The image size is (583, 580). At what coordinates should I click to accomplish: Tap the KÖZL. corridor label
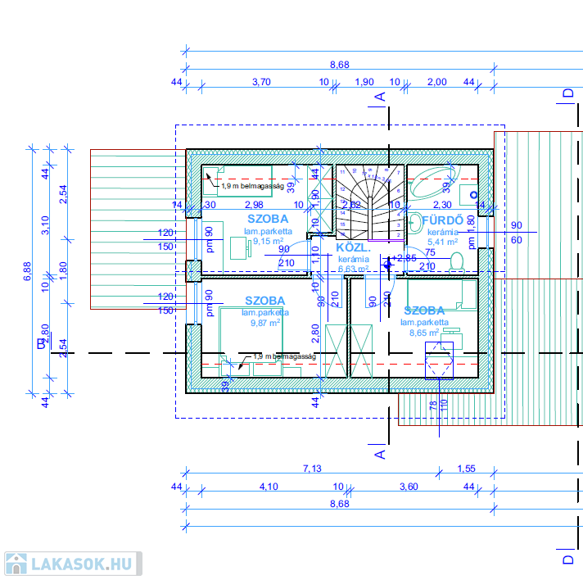pyautogui.click(x=353, y=247)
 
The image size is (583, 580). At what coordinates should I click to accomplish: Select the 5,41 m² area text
pyautogui.click(x=443, y=242)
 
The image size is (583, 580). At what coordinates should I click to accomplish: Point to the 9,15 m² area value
pyautogui.click(x=268, y=241)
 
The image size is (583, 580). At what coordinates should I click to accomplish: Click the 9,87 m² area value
pyautogui.click(x=264, y=322)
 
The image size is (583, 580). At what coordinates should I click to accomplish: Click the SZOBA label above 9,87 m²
pyautogui.click(x=264, y=301)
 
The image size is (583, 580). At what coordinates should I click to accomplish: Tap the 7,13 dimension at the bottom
pyautogui.click(x=312, y=469)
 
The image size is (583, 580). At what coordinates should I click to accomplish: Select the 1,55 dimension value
pyautogui.click(x=466, y=469)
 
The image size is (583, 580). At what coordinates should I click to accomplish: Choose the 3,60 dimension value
pyautogui.click(x=408, y=487)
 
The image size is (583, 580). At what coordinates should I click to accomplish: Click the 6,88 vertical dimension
pyautogui.click(x=27, y=272)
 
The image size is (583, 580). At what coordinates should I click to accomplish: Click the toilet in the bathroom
pyautogui.click(x=457, y=261)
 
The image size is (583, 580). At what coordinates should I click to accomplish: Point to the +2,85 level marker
pyautogui.click(x=405, y=258)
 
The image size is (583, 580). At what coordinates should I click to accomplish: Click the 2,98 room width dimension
pyautogui.click(x=254, y=205)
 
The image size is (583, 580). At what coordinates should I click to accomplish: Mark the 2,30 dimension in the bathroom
pyautogui.click(x=442, y=205)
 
